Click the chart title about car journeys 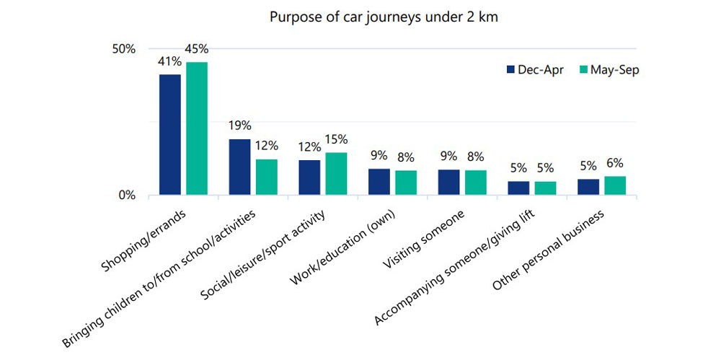(384, 17)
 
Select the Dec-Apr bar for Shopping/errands (170, 135)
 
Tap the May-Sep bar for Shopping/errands (197, 128)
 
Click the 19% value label (239, 126)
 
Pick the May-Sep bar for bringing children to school (267, 177)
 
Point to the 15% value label (336, 139)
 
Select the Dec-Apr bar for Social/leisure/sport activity (309, 177)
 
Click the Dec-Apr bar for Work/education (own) (379, 182)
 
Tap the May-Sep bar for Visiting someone (475, 183)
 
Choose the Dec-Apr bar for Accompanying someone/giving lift (518, 188)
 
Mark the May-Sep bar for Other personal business (615, 185)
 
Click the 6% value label (615, 163)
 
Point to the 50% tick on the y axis (123, 49)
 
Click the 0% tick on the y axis (127, 196)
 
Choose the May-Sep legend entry (607, 70)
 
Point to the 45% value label (197, 49)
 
